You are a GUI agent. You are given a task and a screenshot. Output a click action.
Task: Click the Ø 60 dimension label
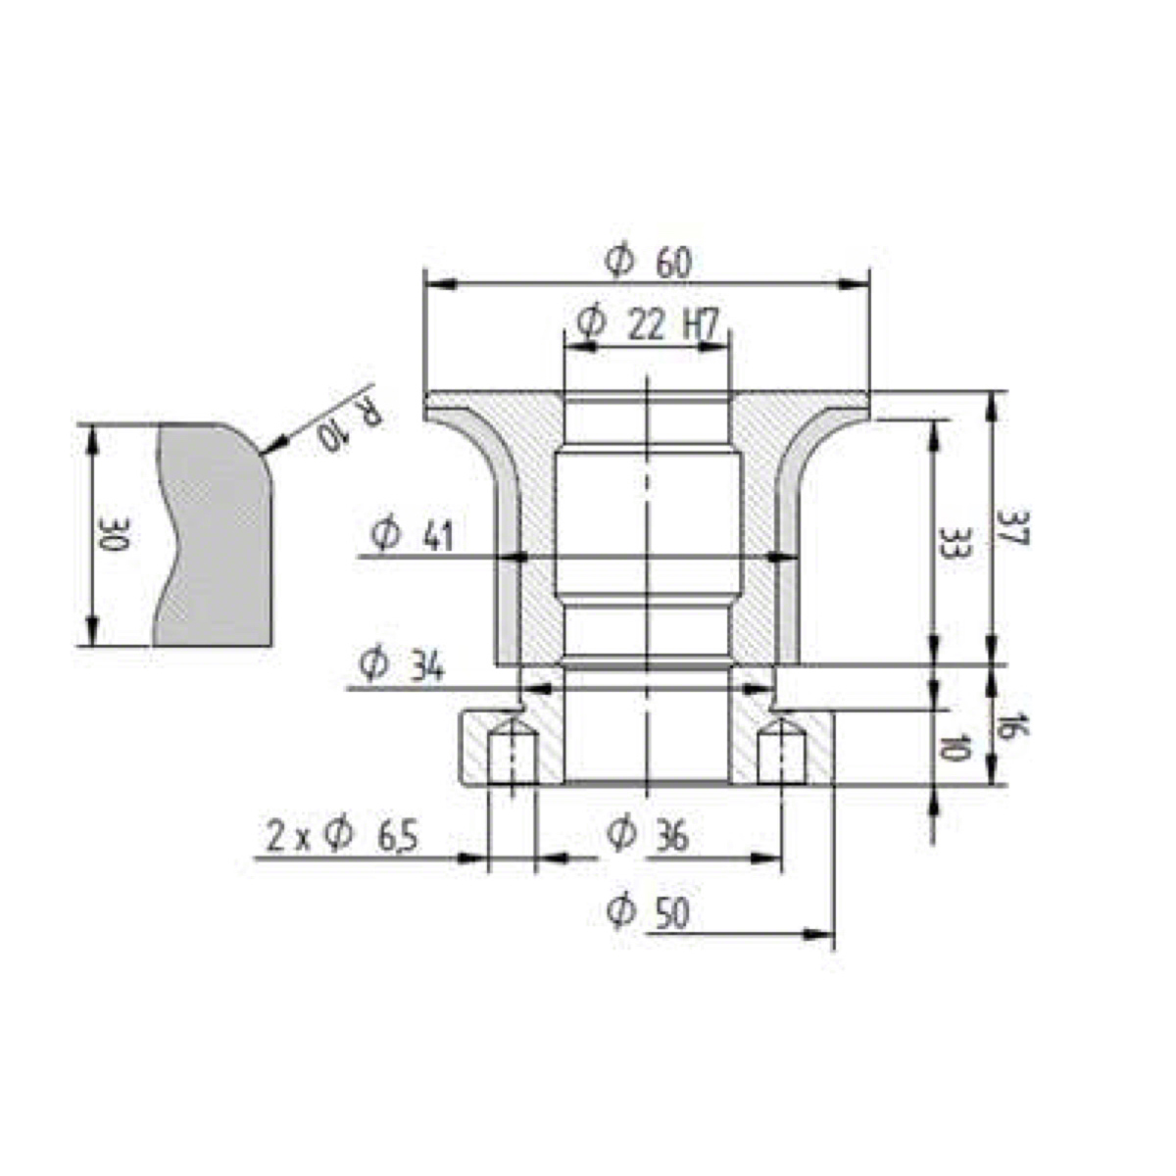648,263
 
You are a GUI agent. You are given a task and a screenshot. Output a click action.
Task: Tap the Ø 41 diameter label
412,535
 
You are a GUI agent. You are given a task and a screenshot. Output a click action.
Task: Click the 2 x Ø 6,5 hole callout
342,836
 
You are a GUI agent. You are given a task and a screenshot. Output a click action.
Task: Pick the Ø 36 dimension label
648,834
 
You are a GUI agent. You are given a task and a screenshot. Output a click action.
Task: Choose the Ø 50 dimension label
648,912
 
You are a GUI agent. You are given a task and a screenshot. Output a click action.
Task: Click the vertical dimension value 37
1013,527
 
